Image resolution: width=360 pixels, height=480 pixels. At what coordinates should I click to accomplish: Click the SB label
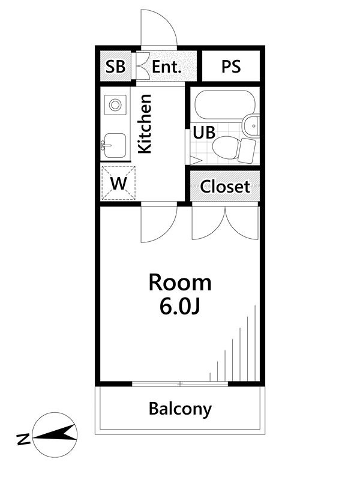[115, 67]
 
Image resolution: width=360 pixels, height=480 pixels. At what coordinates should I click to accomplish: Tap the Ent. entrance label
[167, 67]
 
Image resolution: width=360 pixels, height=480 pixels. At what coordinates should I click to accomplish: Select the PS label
[231, 67]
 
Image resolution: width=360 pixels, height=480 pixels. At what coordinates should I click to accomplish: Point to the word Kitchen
[145, 124]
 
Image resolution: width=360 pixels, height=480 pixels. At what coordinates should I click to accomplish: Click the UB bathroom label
[204, 133]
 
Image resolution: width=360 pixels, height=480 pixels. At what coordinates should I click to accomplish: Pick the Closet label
[225, 187]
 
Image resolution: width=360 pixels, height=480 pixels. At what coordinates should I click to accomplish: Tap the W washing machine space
[118, 184]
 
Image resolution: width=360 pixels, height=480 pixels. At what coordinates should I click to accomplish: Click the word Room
[180, 283]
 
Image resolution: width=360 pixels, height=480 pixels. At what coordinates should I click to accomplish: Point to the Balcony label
[180, 409]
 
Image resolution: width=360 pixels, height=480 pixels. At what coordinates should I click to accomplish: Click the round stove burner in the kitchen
[115, 105]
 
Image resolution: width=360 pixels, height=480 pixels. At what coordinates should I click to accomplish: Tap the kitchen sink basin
[115, 145]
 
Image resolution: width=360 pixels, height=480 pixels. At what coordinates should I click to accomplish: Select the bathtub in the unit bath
[226, 104]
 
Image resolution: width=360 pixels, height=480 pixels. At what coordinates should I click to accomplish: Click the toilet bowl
[225, 148]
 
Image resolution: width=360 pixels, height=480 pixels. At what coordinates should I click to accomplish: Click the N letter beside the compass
[23, 439]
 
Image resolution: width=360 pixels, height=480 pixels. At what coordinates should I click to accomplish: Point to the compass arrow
[55, 434]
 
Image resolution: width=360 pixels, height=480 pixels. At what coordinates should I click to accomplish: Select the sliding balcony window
[180, 383]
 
